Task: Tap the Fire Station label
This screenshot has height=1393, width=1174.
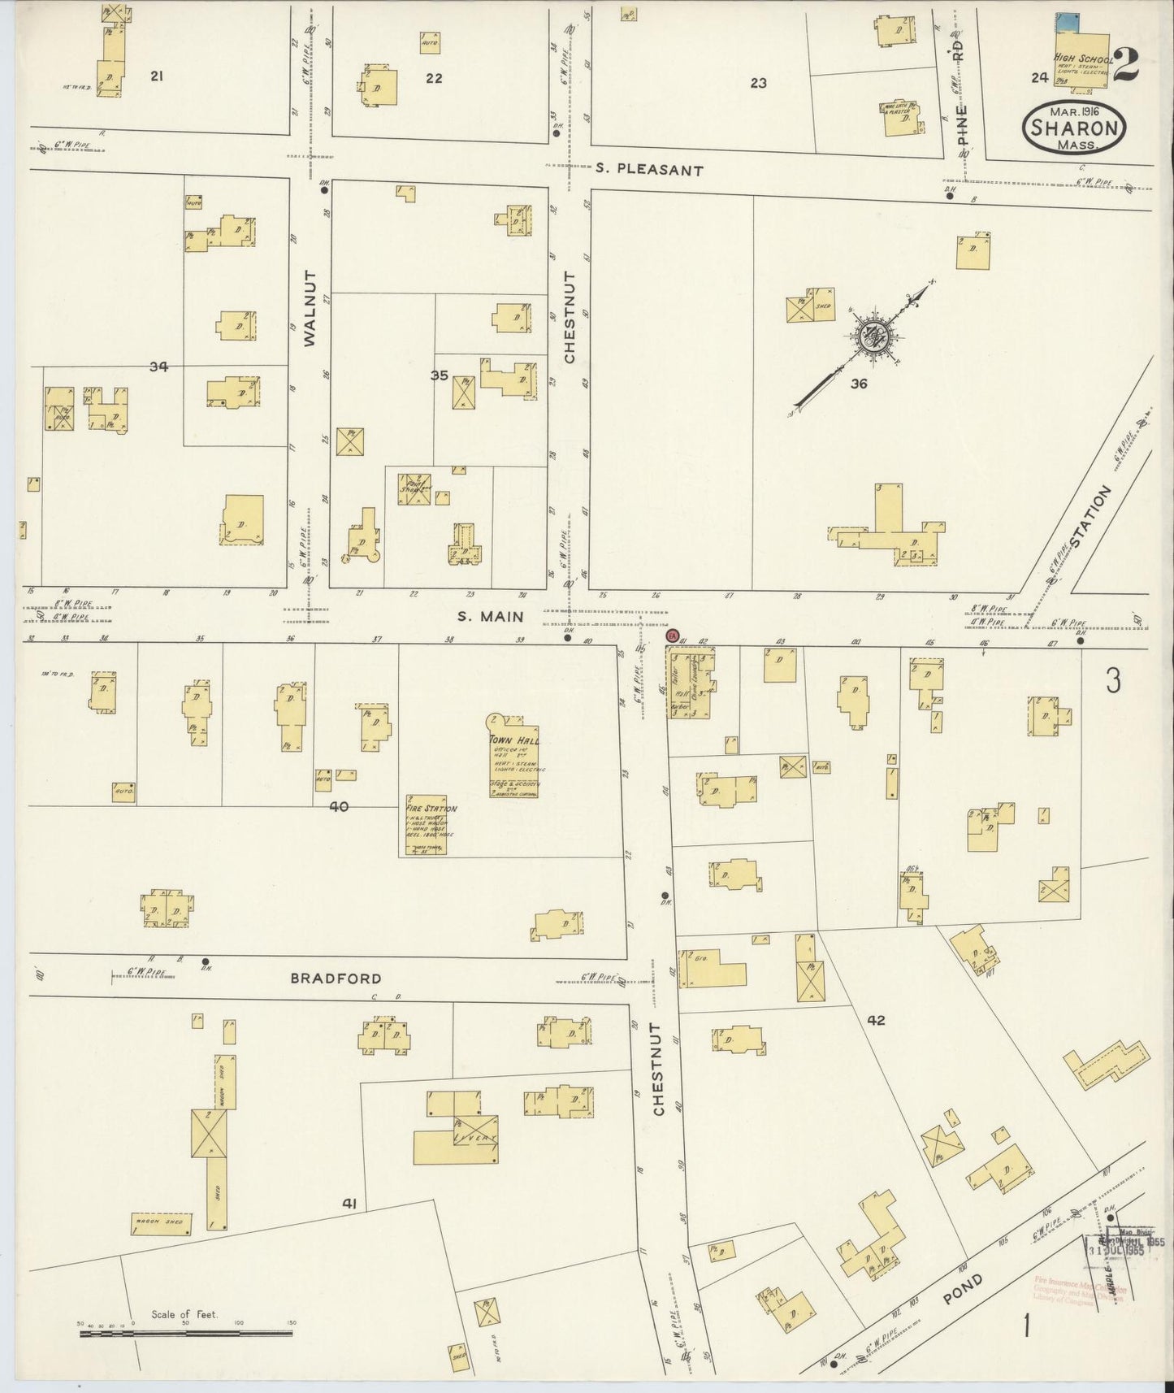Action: coord(431,809)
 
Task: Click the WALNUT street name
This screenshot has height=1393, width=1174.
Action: coord(310,321)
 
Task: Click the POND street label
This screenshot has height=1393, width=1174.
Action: coord(964,1291)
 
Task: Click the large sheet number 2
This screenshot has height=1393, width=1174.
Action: coord(1125,66)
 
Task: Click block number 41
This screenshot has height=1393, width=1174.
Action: coord(350,1204)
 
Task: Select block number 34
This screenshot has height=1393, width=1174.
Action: coord(158,367)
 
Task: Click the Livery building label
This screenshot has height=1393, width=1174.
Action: coord(474,1137)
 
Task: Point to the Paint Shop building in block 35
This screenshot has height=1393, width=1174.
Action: coord(414,490)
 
